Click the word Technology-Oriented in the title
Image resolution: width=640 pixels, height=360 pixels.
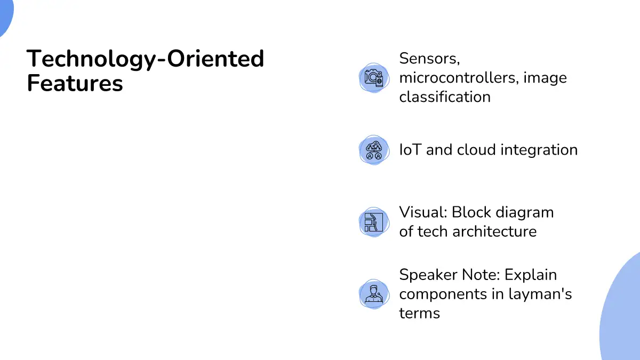coord(146,59)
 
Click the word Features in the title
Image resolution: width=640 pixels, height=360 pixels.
coord(75,83)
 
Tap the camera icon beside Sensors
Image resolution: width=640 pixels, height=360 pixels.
coord(374,78)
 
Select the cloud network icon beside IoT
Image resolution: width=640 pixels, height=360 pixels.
coord(374,150)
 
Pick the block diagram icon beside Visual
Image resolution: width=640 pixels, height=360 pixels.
coord(374,222)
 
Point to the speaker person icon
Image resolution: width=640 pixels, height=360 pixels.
coord(374,294)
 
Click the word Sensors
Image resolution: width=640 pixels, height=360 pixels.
coord(429,59)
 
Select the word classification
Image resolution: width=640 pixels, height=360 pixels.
coord(445,97)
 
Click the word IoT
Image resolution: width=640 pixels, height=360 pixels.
coord(410,150)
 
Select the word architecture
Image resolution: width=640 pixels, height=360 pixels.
coord(494,231)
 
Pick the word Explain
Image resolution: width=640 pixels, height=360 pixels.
coord(531,275)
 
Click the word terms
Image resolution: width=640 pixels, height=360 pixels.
coord(419,314)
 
